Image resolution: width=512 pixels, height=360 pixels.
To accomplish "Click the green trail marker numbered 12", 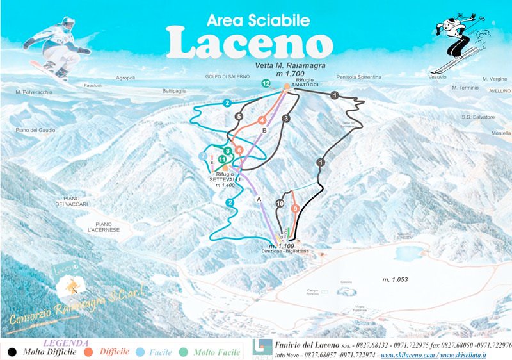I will tap(266, 83).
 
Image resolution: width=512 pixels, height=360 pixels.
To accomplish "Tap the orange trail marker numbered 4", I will tap(262, 120).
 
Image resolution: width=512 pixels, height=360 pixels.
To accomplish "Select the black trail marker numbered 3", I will tap(286, 119).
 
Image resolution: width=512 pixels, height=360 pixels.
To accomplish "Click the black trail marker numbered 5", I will tap(239, 117).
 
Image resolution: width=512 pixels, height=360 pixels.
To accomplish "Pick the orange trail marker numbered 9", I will tap(295, 208).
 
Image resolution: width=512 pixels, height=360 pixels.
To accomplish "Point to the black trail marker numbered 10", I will tap(280, 204).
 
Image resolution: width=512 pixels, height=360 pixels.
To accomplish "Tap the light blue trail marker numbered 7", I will tap(203, 156).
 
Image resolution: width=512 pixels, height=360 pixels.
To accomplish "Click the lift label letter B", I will tap(264, 131).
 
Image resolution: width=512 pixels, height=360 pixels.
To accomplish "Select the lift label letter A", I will tap(259, 199).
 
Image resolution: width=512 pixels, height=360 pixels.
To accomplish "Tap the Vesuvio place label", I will tap(437, 76).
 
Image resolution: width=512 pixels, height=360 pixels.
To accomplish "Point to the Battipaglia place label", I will tap(174, 91).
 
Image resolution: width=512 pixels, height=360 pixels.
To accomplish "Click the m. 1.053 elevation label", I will tap(396, 279).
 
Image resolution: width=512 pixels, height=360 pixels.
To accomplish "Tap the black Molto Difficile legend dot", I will tap(12, 352).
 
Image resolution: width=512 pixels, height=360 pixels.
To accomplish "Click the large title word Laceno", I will tap(250, 43).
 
